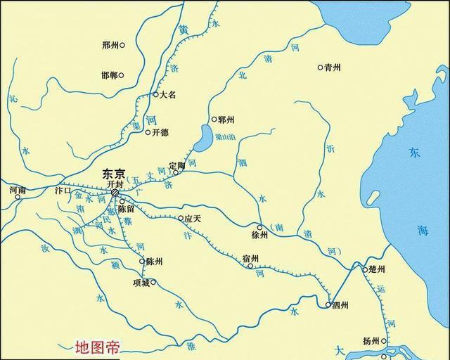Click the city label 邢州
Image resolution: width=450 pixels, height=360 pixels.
[x=110, y=45]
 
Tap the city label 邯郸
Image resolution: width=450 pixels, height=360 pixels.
[x=109, y=75]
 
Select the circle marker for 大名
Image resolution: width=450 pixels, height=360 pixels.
[x=156, y=94]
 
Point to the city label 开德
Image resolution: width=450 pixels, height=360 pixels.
[x=160, y=132]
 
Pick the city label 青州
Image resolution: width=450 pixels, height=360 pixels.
[x=332, y=67]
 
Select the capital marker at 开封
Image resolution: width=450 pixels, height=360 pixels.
[x=115, y=192]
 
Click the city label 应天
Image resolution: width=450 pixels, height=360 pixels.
[x=193, y=219]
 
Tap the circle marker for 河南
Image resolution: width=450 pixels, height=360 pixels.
[x=18, y=197]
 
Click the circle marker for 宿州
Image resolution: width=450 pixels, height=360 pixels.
[x=250, y=266]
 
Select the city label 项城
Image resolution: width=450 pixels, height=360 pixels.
[x=141, y=283]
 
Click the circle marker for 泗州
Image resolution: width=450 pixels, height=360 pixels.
[x=328, y=304]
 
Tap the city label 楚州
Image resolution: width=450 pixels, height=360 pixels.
[x=376, y=269]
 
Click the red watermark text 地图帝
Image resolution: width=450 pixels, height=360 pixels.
[x=98, y=347]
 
